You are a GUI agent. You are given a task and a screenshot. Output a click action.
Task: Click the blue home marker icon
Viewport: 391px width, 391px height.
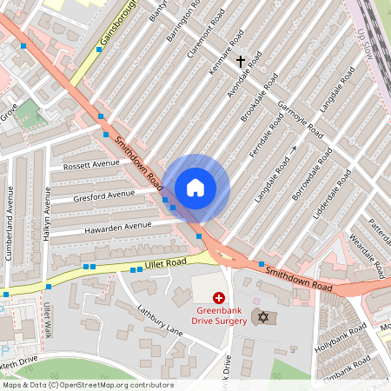point(195,188)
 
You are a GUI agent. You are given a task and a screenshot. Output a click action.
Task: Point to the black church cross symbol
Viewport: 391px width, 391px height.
point(241,62)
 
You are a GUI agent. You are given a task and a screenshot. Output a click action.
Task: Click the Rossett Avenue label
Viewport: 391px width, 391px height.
point(91,163)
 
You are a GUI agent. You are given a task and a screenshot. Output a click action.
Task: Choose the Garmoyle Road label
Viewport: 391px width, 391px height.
point(300,119)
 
